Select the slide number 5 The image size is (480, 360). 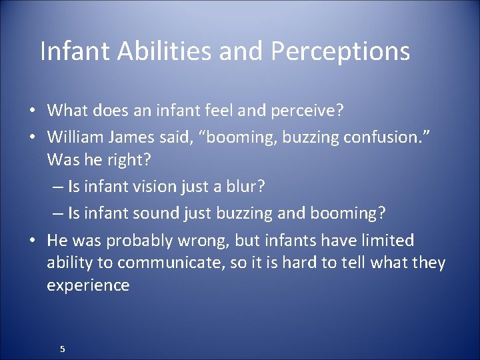coord(62,349)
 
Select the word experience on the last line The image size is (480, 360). coord(88,285)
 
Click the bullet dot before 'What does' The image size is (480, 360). coord(32,110)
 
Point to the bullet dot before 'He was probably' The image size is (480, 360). coord(32,241)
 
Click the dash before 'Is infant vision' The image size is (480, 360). coord(58,187)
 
